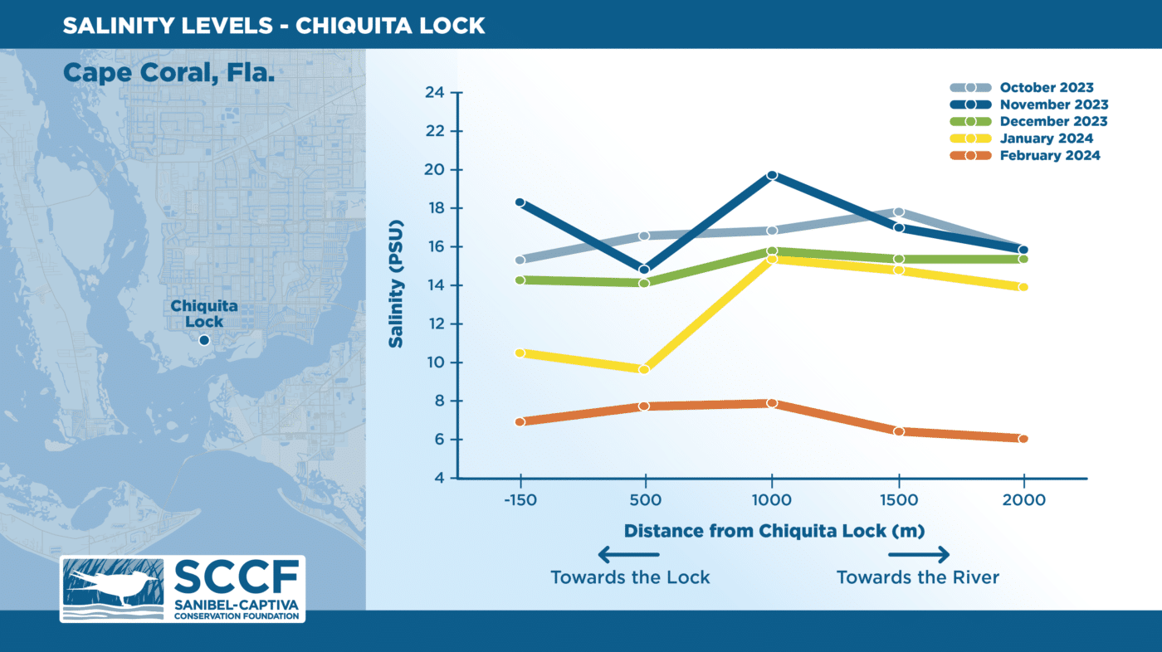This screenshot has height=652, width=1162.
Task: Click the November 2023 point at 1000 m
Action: pos(772,175)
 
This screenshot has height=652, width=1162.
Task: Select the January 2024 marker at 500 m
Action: pos(644,369)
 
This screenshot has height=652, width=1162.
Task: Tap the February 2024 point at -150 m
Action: pos(520,421)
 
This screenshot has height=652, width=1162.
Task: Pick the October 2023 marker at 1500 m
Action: pos(898,212)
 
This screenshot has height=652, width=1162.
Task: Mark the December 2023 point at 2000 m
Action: pos(1023,259)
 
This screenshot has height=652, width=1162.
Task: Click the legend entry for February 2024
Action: pos(1050,155)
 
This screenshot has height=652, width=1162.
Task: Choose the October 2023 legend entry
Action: pos(1047,87)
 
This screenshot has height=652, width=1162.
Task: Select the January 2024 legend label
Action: pos(1047,139)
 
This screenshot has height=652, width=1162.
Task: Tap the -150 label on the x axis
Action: pos(520,500)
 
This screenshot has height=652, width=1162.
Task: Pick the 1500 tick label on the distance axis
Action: pos(898,500)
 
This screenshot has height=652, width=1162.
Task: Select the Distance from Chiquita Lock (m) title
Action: pos(774,530)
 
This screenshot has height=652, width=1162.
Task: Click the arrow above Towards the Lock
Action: pos(628,555)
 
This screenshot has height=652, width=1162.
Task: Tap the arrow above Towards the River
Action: pos(919,555)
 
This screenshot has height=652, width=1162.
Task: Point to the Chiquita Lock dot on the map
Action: pos(204,340)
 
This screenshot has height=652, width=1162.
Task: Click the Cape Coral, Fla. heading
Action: pos(168,72)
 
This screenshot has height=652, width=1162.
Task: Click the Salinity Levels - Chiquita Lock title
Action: pos(274,25)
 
